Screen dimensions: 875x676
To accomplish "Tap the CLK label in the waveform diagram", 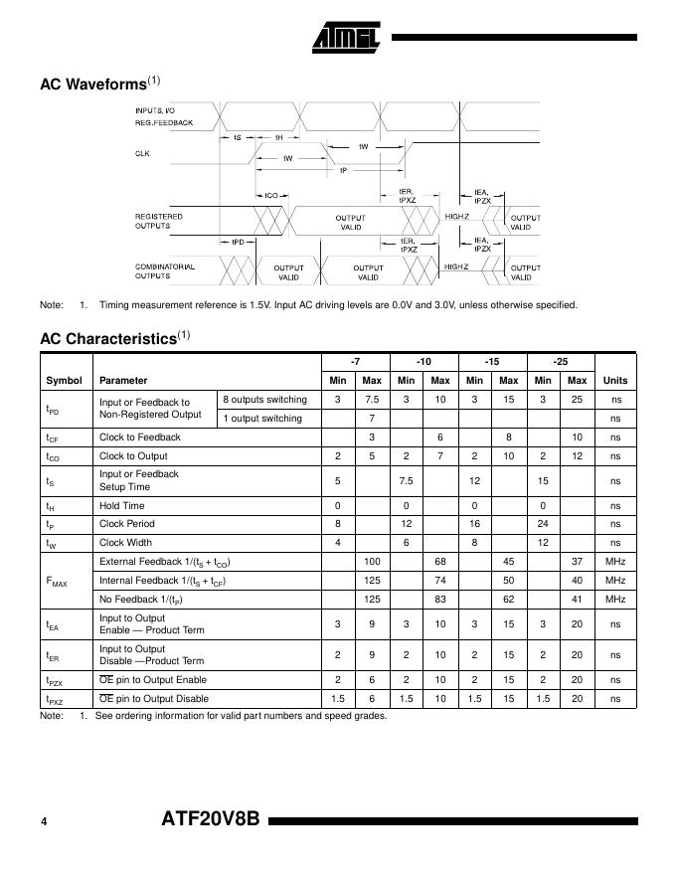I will click(142, 153).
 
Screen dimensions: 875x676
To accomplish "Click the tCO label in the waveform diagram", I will click(270, 195).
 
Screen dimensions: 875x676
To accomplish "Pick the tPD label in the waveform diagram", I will click(239, 242).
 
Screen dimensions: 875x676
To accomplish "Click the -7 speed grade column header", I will click(355, 360).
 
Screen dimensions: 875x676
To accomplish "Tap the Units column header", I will click(615, 380).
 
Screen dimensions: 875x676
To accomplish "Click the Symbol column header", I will click(65, 380).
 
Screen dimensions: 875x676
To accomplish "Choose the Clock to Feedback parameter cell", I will click(140, 437).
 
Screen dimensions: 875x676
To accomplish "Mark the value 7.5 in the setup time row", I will click(406, 480).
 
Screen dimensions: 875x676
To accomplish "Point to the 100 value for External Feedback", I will click(372, 561).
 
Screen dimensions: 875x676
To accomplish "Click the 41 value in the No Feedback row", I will click(578, 600).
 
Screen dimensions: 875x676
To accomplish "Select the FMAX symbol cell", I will click(58, 581).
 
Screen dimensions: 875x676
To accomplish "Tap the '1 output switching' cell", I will click(262, 418).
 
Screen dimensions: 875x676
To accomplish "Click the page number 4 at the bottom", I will click(44, 821).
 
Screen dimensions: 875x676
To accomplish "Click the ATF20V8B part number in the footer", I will click(210, 820).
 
